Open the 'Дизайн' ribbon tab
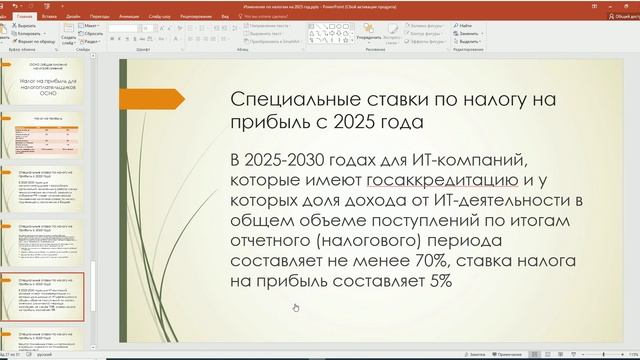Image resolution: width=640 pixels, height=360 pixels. coord(74,17)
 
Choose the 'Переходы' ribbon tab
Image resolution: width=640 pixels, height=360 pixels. coord(100,17)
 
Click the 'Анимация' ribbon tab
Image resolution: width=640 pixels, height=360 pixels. coord(130,17)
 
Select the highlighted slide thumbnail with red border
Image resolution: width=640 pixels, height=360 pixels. coord(49,297)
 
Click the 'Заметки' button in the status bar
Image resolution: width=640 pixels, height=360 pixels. coord(475,354)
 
